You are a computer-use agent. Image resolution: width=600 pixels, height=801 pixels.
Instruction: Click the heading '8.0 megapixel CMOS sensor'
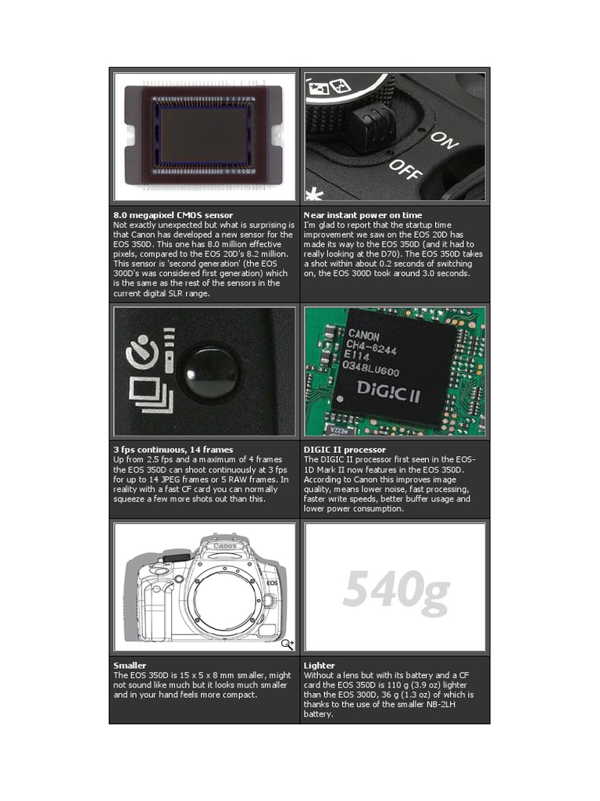click(173, 215)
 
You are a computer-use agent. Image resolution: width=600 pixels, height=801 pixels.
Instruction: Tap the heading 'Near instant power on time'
click(362, 215)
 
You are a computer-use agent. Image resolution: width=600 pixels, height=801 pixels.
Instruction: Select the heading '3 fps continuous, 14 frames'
click(173, 450)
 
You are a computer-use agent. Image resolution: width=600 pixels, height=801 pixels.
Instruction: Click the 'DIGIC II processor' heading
click(345, 450)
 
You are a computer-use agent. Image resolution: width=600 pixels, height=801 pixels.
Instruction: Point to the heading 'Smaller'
click(130, 665)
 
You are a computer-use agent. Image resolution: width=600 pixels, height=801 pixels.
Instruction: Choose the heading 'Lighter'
click(320, 665)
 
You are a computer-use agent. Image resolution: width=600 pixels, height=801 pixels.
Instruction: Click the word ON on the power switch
click(444, 141)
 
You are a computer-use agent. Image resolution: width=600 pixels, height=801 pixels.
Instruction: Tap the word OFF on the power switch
click(406, 169)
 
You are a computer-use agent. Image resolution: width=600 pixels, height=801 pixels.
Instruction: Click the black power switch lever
click(370, 126)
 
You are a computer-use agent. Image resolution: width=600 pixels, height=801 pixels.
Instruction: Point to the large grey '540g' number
click(396, 589)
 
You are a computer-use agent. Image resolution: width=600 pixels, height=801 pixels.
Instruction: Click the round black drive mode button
click(209, 372)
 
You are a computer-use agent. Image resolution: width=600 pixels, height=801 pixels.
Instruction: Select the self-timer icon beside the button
click(142, 351)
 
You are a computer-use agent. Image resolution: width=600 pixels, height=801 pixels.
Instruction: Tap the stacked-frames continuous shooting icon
click(151, 394)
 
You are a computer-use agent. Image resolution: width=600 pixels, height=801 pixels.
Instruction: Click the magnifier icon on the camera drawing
click(287, 645)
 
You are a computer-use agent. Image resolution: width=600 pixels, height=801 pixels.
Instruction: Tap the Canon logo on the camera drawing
click(224, 546)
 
